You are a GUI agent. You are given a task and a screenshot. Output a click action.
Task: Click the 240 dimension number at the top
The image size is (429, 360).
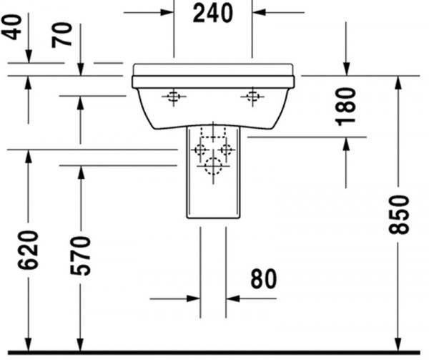pos(213,14)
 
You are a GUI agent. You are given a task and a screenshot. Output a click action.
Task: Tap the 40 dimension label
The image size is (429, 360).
pos(11,27)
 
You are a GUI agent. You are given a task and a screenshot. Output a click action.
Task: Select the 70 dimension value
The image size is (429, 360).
pos(62,35)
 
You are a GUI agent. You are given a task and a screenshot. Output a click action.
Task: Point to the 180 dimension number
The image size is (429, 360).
pos(345,107)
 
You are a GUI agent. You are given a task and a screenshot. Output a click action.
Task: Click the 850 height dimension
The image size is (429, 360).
pos(399,215)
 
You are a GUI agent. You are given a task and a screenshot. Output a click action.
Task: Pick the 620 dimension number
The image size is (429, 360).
pos(28,250)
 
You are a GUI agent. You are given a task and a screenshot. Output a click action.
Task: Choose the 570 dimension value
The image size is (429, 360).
pos(80,256)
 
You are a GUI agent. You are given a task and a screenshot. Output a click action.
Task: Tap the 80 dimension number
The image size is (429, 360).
pos(264,278)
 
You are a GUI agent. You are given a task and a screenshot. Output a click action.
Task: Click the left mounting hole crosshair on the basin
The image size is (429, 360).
pos(174,97)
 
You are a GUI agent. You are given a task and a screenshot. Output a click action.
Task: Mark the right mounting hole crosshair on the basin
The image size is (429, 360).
pos(252,97)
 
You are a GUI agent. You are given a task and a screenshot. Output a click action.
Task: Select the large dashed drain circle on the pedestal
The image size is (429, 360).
pos(213,166)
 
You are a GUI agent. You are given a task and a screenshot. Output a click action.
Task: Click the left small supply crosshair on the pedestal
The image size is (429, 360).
pos(200,150)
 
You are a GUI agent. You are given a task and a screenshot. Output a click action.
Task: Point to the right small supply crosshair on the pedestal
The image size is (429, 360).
pos(226,150)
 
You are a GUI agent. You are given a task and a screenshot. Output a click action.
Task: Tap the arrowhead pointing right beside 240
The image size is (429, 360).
pos(167,12)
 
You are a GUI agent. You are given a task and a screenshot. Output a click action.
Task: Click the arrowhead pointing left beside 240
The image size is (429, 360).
pos(259,12)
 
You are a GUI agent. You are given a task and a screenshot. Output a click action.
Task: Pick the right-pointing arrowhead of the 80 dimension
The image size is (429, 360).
pos(194,298)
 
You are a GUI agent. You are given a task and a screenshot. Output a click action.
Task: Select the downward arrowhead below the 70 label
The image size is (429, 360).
pos(80,69)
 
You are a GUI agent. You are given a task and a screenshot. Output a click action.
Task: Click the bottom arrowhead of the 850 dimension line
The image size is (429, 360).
pos(399,344)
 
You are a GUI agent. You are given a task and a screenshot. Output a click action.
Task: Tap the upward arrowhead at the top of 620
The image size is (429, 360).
pos(28,157)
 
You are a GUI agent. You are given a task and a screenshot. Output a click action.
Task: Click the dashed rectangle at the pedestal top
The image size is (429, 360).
pos(213,132)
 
